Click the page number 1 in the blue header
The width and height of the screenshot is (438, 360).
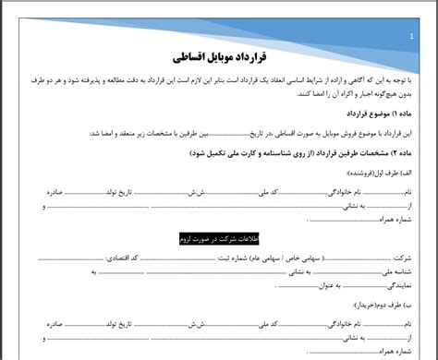pos(411,37)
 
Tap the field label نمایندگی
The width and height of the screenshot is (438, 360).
pos(392,287)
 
